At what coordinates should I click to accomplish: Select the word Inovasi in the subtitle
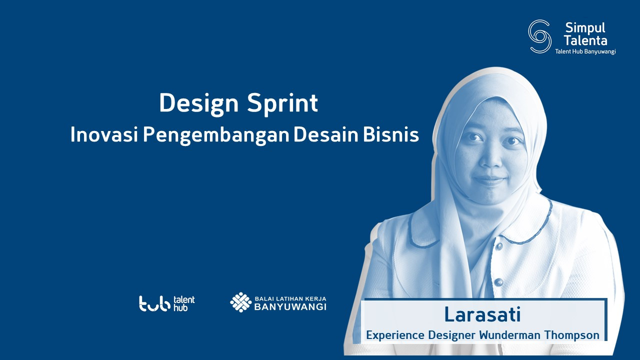(x=104, y=134)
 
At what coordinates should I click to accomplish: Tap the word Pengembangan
(x=216, y=135)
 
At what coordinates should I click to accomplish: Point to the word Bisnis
(x=391, y=134)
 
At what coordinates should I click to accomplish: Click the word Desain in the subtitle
(x=326, y=134)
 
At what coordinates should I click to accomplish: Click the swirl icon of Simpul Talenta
(x=539, y=36)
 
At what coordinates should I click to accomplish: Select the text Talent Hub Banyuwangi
(x=585, y=51)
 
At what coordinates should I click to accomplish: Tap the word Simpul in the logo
(x=585, y=28)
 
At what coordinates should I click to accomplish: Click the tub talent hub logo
(x=167, y=303)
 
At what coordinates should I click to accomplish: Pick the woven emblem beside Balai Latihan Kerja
(x=240, y=302)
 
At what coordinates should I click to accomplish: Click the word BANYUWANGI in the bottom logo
(x=290, y=307)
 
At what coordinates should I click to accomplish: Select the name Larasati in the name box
(x=482, y=314)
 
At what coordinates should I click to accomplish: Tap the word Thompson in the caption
(x=571, y=335)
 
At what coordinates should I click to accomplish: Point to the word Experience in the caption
(x=395, y=335)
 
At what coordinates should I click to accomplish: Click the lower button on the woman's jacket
(x=499, y=282)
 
